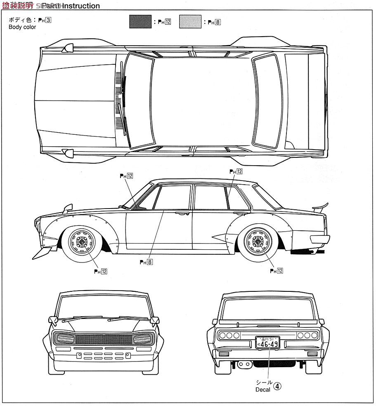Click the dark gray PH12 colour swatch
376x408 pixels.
140,21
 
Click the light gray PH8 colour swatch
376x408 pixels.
190,21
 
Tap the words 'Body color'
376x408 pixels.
22,27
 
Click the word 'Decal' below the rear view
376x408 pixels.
262,389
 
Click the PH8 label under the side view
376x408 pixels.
147,261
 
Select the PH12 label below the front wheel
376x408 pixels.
101,271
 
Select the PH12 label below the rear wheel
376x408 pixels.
276,271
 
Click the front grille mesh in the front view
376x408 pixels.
104,339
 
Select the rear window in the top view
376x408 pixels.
267,101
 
